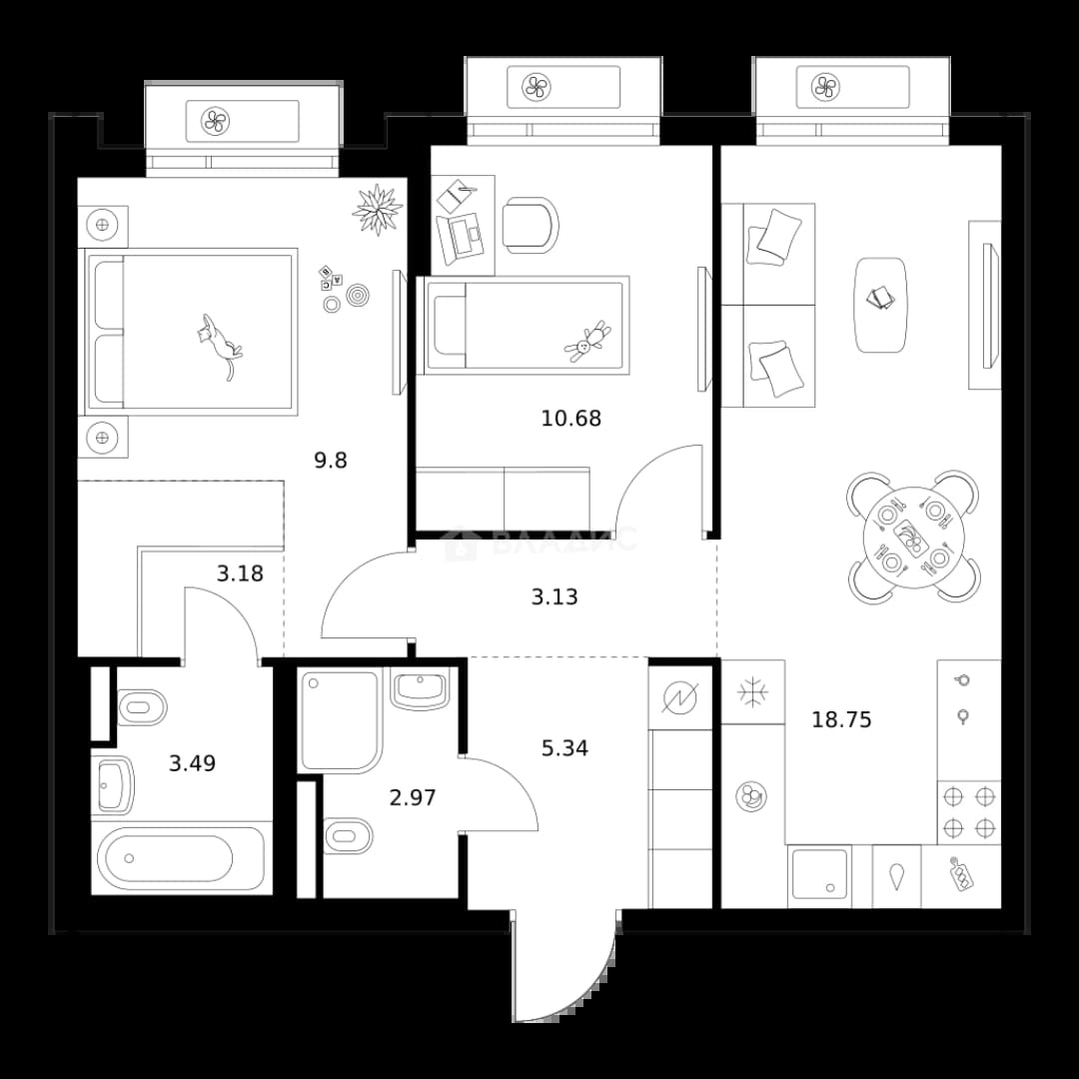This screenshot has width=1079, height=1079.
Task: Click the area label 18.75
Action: pos(841,719)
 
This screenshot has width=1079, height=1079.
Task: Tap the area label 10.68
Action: pos(571,419)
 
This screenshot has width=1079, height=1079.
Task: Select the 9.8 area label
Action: pos(331,461)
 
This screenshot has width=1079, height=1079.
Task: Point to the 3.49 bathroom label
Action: pos(193,763)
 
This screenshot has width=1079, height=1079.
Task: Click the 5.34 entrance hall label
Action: pos(564,748)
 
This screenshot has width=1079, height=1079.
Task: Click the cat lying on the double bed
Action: pos(219,344)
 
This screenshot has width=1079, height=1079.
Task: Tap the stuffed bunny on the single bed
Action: pos(587,342)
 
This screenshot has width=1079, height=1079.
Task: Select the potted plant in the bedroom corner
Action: pos(377,209)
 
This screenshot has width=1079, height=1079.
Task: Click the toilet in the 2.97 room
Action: pos(348,836)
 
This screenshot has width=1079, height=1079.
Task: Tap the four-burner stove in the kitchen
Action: pos(969,812)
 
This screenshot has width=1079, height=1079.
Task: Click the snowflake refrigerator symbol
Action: pos(753,692)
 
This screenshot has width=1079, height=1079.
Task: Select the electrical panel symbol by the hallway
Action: pos(680,697)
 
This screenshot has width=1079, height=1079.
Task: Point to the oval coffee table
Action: pos(880,305)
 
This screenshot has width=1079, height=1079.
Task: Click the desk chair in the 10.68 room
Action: pos(530,225)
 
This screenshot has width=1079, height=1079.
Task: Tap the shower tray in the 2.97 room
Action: pos(340,720)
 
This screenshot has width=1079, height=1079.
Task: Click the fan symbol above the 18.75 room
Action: pos(825,87)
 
